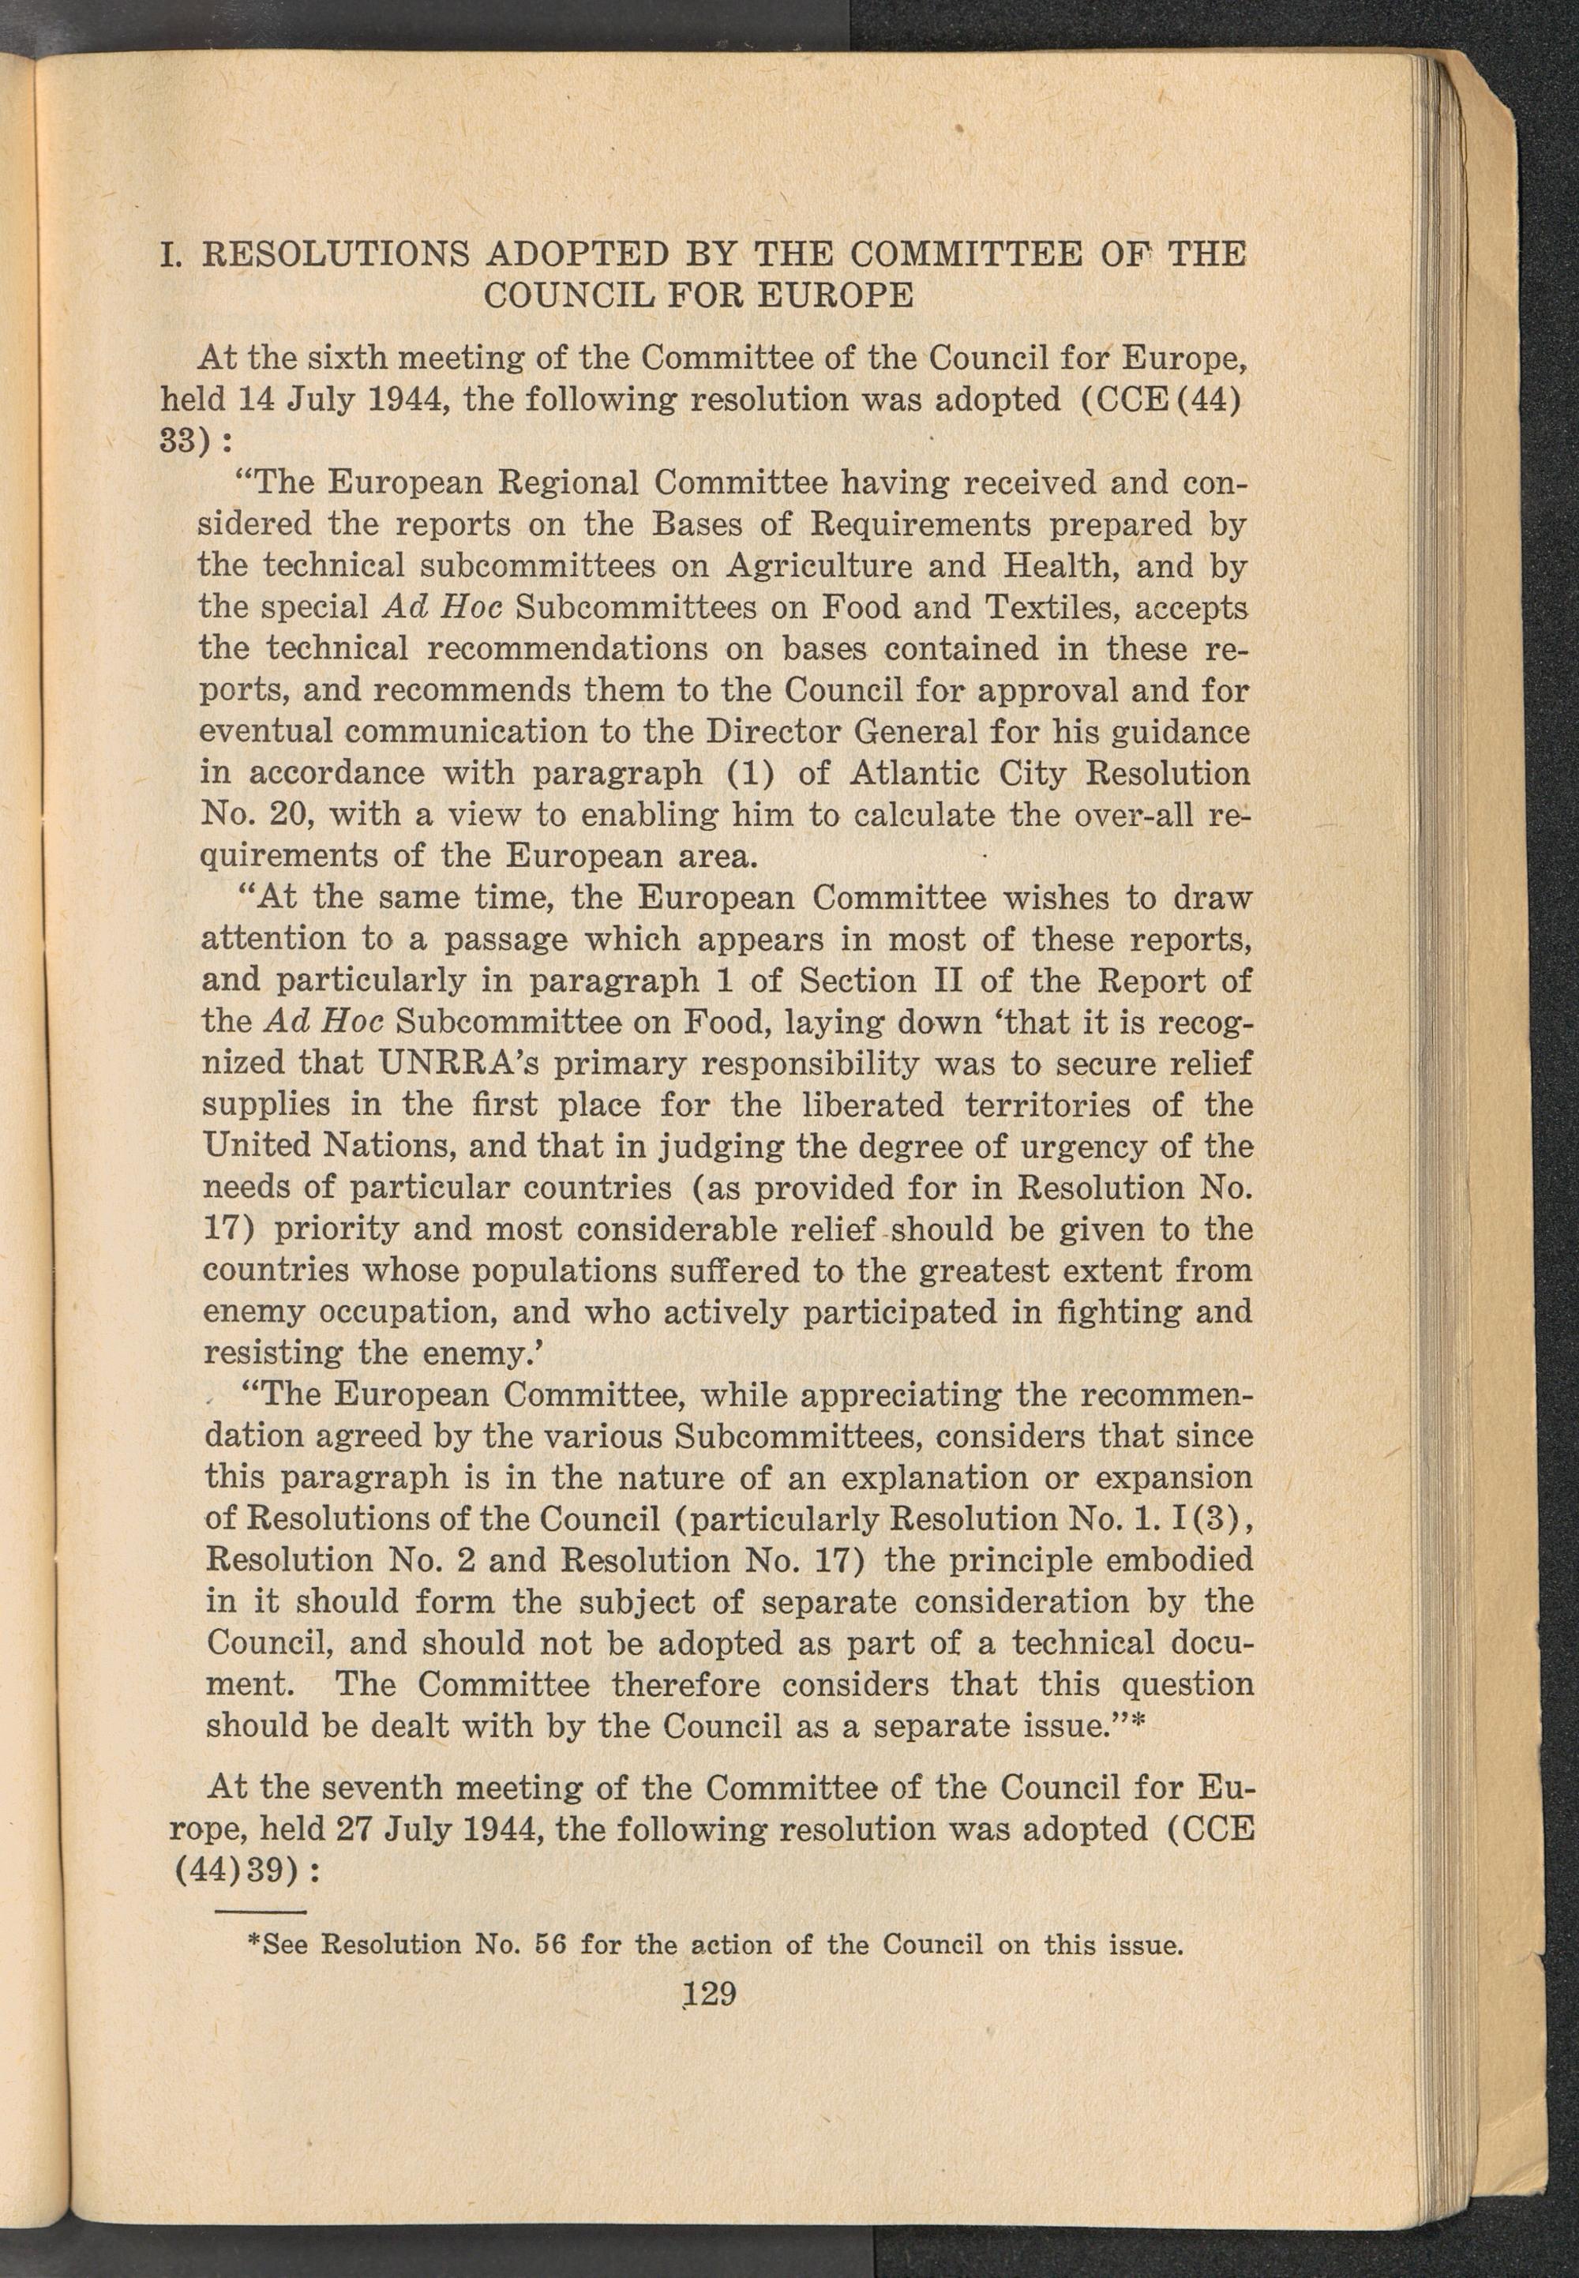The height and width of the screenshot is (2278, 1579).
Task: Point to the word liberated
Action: click(x=865, y=1105)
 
